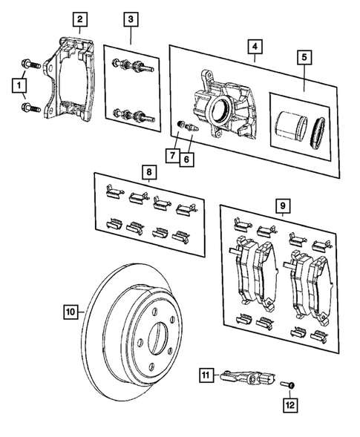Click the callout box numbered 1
(x=16, y=87)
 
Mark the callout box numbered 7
(x=172, y=156)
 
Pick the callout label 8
(x=148, y=172)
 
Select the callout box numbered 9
(x=281, y=203)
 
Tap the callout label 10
(x=69, y=312)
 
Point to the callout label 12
(x=289, y=405)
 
